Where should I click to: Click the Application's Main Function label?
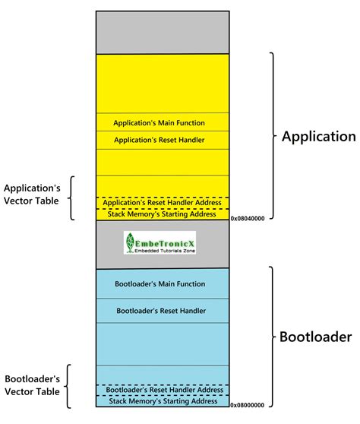159,122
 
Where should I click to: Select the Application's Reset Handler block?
159,140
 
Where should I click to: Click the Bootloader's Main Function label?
159,283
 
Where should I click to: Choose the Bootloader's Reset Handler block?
159,310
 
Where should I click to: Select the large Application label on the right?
318,137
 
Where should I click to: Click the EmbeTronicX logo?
159,243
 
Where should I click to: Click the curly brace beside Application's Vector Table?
71,198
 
